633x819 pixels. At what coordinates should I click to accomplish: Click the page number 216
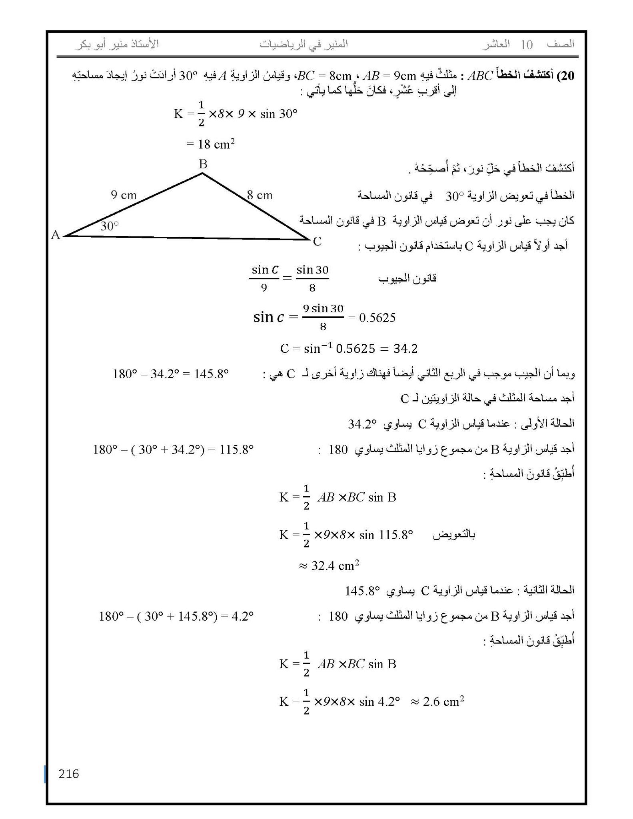pyautogui.click(x=69, y=774)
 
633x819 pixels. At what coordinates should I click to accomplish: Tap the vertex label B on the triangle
pyautogui.click(x=203, y=164)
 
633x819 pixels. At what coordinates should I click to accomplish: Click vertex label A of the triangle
pyautogui.click(x=56, y=235)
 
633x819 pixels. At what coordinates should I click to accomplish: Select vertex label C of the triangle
pyautogui.click(x=317, y=241)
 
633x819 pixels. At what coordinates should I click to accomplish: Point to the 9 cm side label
pyautogui.click(x=124, y=195)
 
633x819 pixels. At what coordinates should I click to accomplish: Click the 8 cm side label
pyautogui.click(x=260, y=195)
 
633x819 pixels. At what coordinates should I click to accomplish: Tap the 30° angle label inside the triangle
pyautogui.click(x=110, y=226)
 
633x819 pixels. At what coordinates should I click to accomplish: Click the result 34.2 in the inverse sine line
pyautogui.click(x=405, y=349)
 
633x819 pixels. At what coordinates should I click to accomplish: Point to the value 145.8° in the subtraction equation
pyautogui.click(x=211, y=374)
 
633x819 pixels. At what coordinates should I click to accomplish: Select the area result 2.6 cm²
pyautogui.click(x=443, y=702)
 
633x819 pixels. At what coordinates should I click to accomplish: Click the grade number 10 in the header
pyautogui.click(x=527, y=44)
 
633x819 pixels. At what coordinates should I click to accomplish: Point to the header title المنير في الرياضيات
pyautogui.click(x=304, y=44)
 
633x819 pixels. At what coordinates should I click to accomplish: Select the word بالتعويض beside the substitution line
pyautogui.click(x=454, y=535)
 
